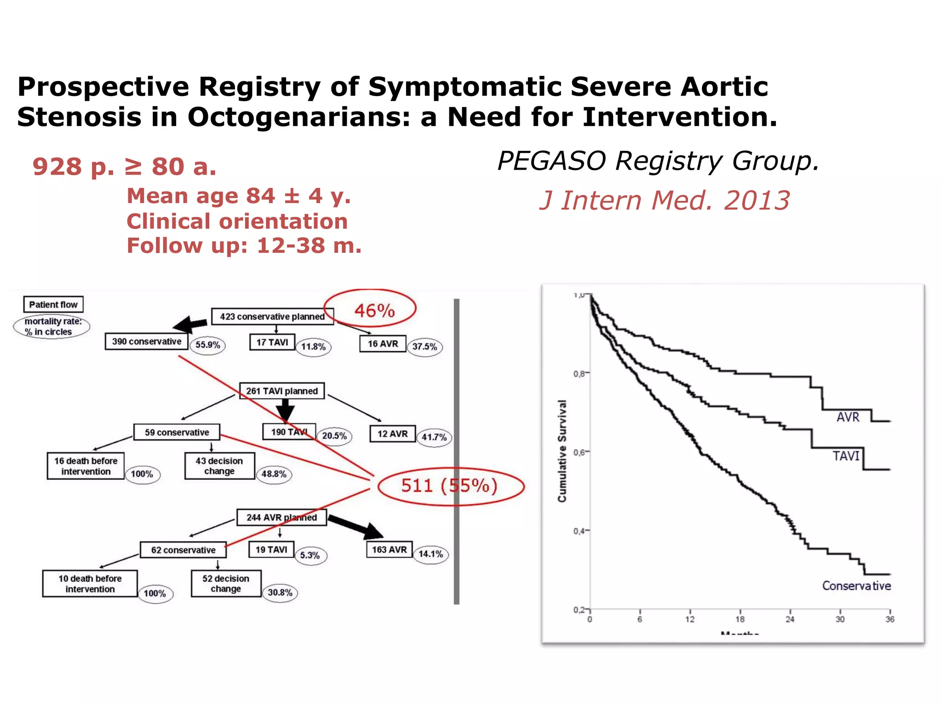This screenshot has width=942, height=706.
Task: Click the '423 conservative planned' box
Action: click(272, 317)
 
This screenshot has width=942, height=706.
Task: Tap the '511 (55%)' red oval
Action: click(450, 486)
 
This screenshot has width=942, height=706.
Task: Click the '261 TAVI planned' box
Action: click(281, 391)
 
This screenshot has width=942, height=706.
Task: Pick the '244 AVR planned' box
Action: click(281, 518)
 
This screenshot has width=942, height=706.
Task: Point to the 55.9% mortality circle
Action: click(208, 345)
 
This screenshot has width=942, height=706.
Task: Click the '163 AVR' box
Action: click(389, 550)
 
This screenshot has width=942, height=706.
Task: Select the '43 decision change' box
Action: click(219, 466)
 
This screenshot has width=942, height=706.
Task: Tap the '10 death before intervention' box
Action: click(90, 584)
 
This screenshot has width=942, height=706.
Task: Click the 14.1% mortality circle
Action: click(431, 554)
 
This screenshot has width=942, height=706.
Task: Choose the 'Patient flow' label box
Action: click(53, 304)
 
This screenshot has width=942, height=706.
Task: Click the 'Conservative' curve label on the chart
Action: click(856, 586)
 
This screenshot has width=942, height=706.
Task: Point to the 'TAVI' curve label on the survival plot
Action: click(845, 456)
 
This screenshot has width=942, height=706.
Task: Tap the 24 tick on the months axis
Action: click(790, 620)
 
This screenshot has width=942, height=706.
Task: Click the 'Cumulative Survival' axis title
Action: click(562, 451)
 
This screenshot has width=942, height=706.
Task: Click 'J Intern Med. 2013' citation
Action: click(664, 201)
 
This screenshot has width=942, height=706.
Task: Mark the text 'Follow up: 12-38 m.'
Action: click(244, 246)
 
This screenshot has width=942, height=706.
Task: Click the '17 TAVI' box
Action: click(272, 342)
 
